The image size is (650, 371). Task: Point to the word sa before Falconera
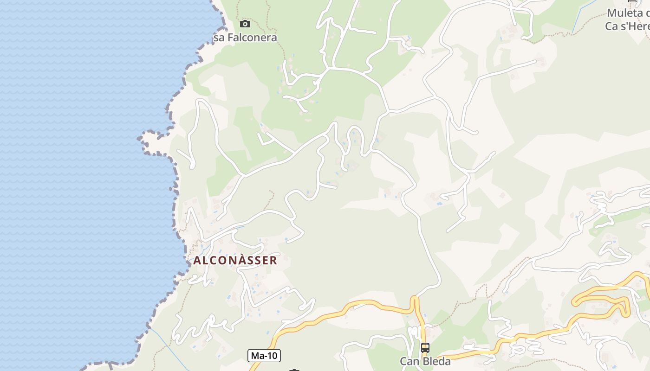click(x=219, y=38)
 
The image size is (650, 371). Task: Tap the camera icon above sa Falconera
click(x=245, y=24)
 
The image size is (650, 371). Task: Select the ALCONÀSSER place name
click(x=235, y=261)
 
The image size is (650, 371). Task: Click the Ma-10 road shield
click(x=264, y=356)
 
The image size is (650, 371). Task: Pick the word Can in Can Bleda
click(x=409, y=361)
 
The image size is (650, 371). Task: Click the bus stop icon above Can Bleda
click(x=425, y=347)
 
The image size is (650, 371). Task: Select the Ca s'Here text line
click(x=627, y=26)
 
